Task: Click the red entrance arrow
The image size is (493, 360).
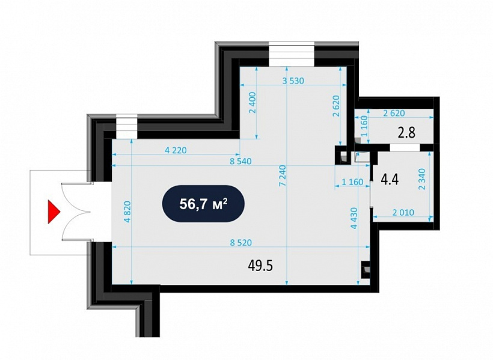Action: [x=53, y=212]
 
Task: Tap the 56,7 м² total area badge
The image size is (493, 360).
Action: [x=203, y=204]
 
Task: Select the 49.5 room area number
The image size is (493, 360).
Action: [x=260, y=266]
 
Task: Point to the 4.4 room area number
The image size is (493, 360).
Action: [x=390, y=180]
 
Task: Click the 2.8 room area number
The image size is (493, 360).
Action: [x=406, y=132]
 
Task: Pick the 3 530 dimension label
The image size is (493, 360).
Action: [x=293, y=81]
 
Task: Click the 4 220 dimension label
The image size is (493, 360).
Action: [x=176, y=150]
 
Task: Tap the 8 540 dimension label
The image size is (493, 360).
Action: [x=240, y=161]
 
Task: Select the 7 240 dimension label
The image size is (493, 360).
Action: [x=282, y=176]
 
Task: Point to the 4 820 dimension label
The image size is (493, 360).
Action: [x=127, y=212]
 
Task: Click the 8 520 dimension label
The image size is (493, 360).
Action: [x=241, y=243]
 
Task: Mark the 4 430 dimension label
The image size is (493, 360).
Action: [x=354, y=218]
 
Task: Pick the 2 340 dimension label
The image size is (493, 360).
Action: [x=421, y=179]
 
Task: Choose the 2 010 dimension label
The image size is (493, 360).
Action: [x=403, y=213]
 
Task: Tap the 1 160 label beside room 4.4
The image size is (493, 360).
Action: [x=352, y=182]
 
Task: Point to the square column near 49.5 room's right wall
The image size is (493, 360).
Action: [x=365, y=270]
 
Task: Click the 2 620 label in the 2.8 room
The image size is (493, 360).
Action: [x=394, y=113]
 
